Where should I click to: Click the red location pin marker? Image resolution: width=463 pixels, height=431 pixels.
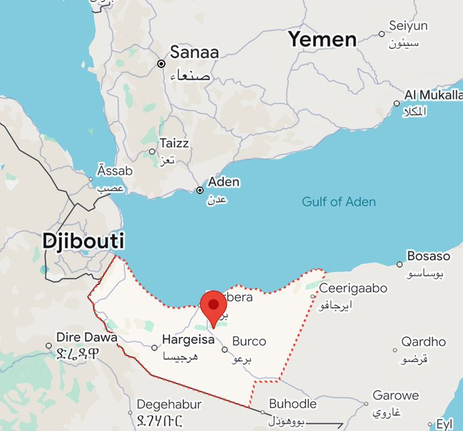(214, 306)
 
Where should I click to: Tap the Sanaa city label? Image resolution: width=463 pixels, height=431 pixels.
(194, 52)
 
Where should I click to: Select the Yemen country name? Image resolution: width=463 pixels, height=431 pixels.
(322, 39)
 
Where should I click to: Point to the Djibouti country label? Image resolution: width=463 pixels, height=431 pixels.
(84, 241)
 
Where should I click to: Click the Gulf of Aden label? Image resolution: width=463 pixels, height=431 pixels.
(339, 202)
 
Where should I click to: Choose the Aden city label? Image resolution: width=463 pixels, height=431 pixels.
(223, 182)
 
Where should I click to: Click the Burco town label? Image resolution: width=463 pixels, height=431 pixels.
(249, 341)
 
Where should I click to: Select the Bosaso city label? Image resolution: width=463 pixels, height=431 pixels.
(428, 257)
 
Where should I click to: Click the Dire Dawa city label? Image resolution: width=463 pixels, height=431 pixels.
(86, 337)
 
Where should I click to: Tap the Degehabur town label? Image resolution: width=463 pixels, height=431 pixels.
(169, 404)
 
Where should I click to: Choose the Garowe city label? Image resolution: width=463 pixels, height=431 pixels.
(396, 396)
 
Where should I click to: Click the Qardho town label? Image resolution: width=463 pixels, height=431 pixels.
(424, 342)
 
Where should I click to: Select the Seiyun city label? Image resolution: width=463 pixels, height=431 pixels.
(408, 26)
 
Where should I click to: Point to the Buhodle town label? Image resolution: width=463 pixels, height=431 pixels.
(293, 403)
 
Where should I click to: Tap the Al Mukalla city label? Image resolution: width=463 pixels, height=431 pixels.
(433, 95)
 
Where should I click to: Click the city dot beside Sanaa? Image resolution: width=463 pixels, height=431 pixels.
(161, 63)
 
